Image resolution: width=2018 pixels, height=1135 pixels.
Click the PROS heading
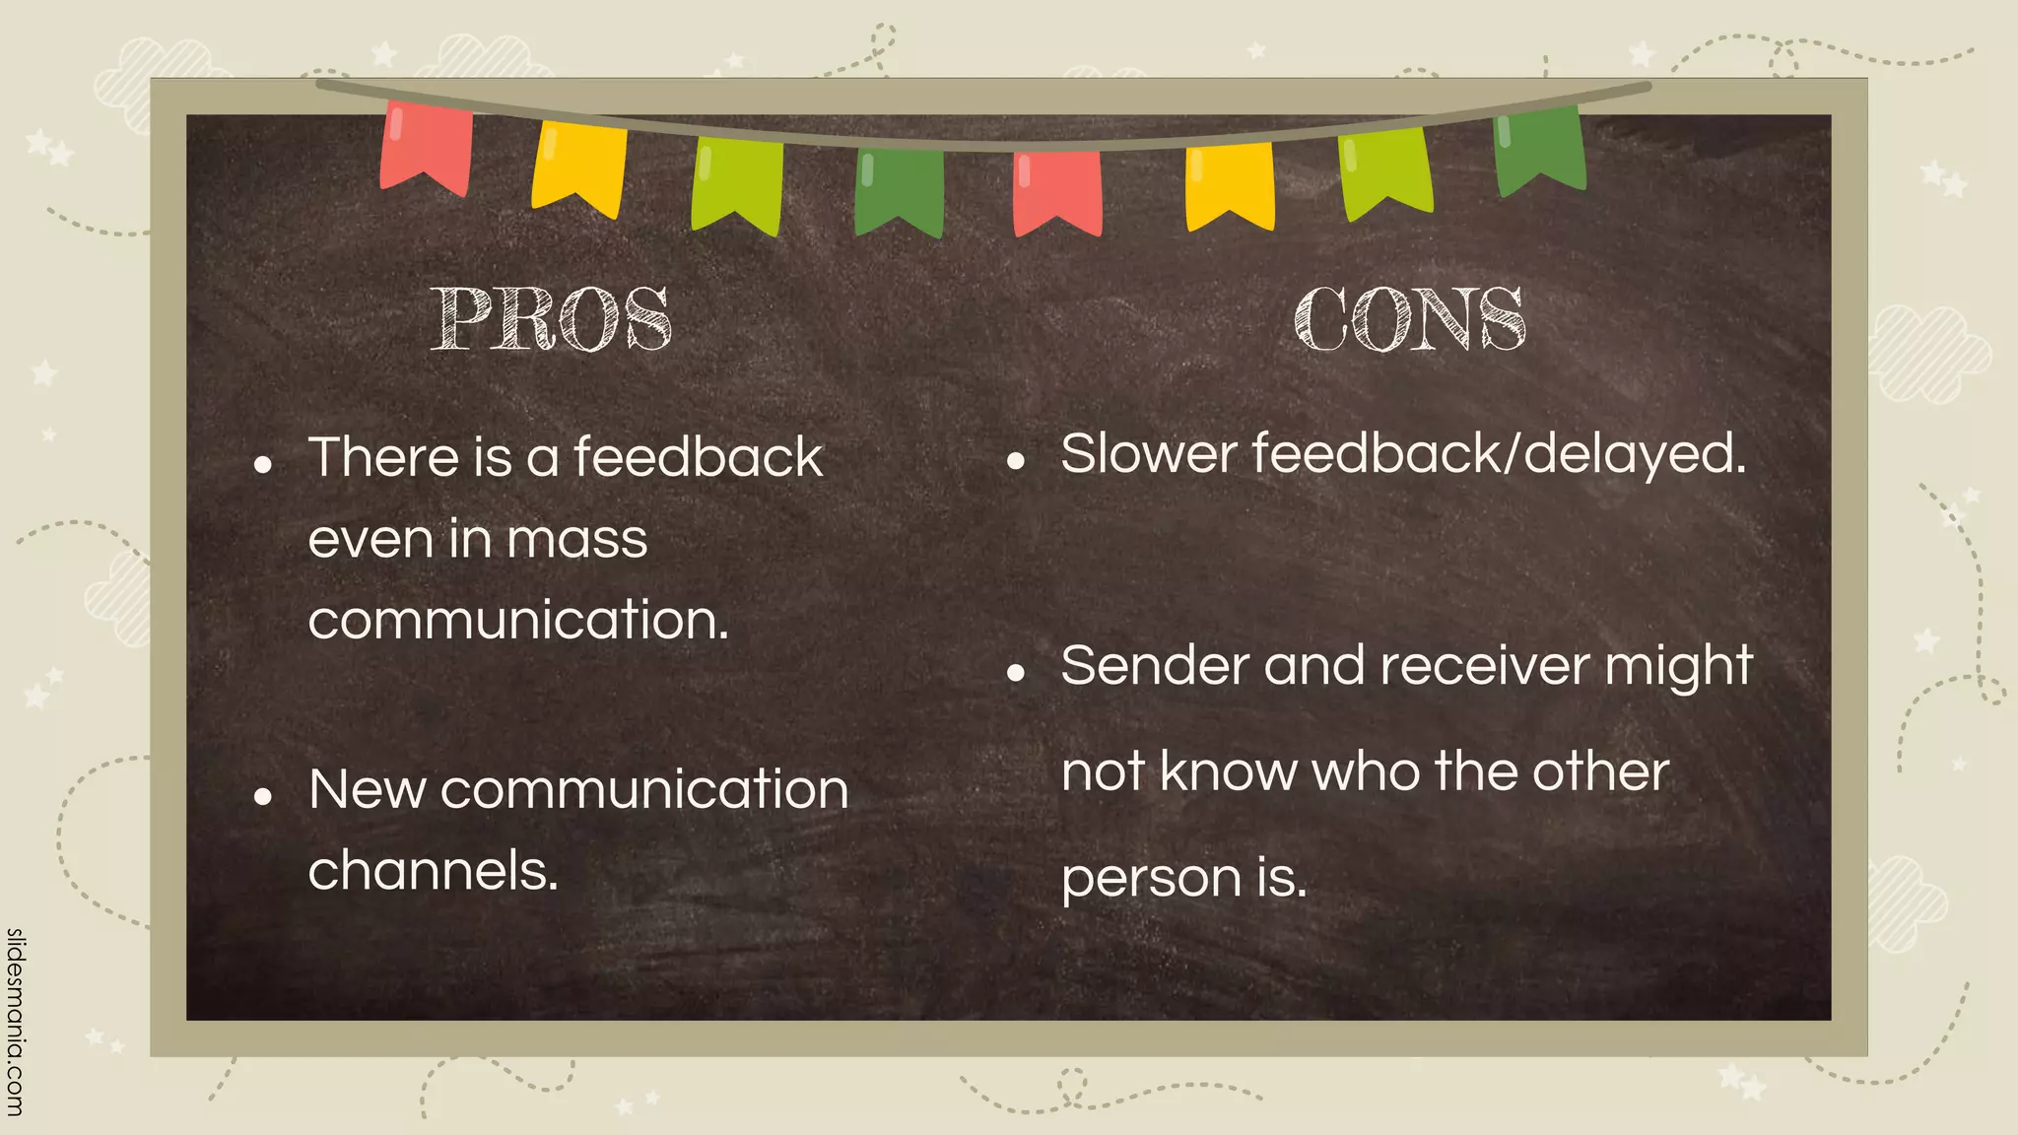click(552, 319)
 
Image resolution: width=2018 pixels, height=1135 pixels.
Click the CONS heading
click(1410, 319)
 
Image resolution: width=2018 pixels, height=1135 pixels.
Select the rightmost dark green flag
click(1539, 150)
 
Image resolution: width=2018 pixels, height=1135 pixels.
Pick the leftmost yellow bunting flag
click(579, 167)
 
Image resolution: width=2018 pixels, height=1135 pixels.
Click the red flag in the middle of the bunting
click(1057, 191)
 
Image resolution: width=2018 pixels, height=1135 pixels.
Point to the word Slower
click(1148, 454)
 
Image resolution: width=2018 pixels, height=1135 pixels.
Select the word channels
click(433, 871)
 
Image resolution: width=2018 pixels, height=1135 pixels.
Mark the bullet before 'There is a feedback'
click(262, 464)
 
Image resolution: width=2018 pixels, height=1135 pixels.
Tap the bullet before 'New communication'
click(262, 796)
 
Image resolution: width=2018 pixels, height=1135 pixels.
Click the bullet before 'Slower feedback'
click(1016, 460)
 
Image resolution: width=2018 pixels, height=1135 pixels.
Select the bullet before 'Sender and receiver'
click(1016, 673)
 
